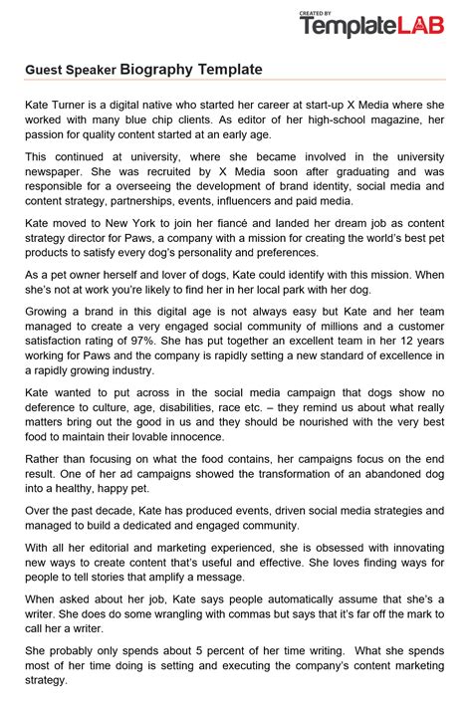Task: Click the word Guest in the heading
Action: point(45,71)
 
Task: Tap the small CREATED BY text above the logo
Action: point(316,14)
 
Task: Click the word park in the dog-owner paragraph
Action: point(327,290)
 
